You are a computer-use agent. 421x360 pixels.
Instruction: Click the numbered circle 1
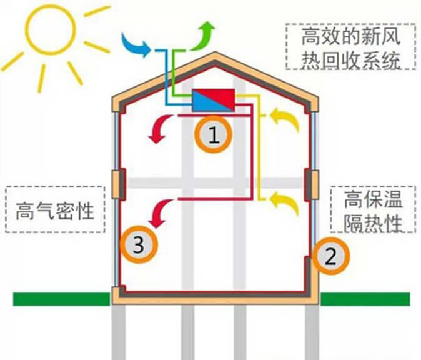[x=213, y=134]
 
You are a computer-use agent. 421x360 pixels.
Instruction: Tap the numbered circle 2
[x=331, y=256]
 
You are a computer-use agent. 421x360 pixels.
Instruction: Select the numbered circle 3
[x=139, y=244]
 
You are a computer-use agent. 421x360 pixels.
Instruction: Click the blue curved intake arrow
[x=136, y=44]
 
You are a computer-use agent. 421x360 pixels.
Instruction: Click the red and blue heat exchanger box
[x=214, y=100]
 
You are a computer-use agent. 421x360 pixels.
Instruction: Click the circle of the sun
[x=50, y=30]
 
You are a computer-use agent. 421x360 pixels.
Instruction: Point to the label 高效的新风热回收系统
[x=351, y=48]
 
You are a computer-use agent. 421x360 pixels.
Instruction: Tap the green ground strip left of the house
[x=62, y=299]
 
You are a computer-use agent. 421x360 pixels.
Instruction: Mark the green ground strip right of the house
[x=365, y=299]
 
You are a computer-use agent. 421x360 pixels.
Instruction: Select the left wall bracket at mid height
[x=119, y=184]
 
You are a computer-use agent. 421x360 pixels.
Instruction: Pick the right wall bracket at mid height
[x=312, y=185]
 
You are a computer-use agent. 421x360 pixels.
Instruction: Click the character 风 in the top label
[x=391, y=37]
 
